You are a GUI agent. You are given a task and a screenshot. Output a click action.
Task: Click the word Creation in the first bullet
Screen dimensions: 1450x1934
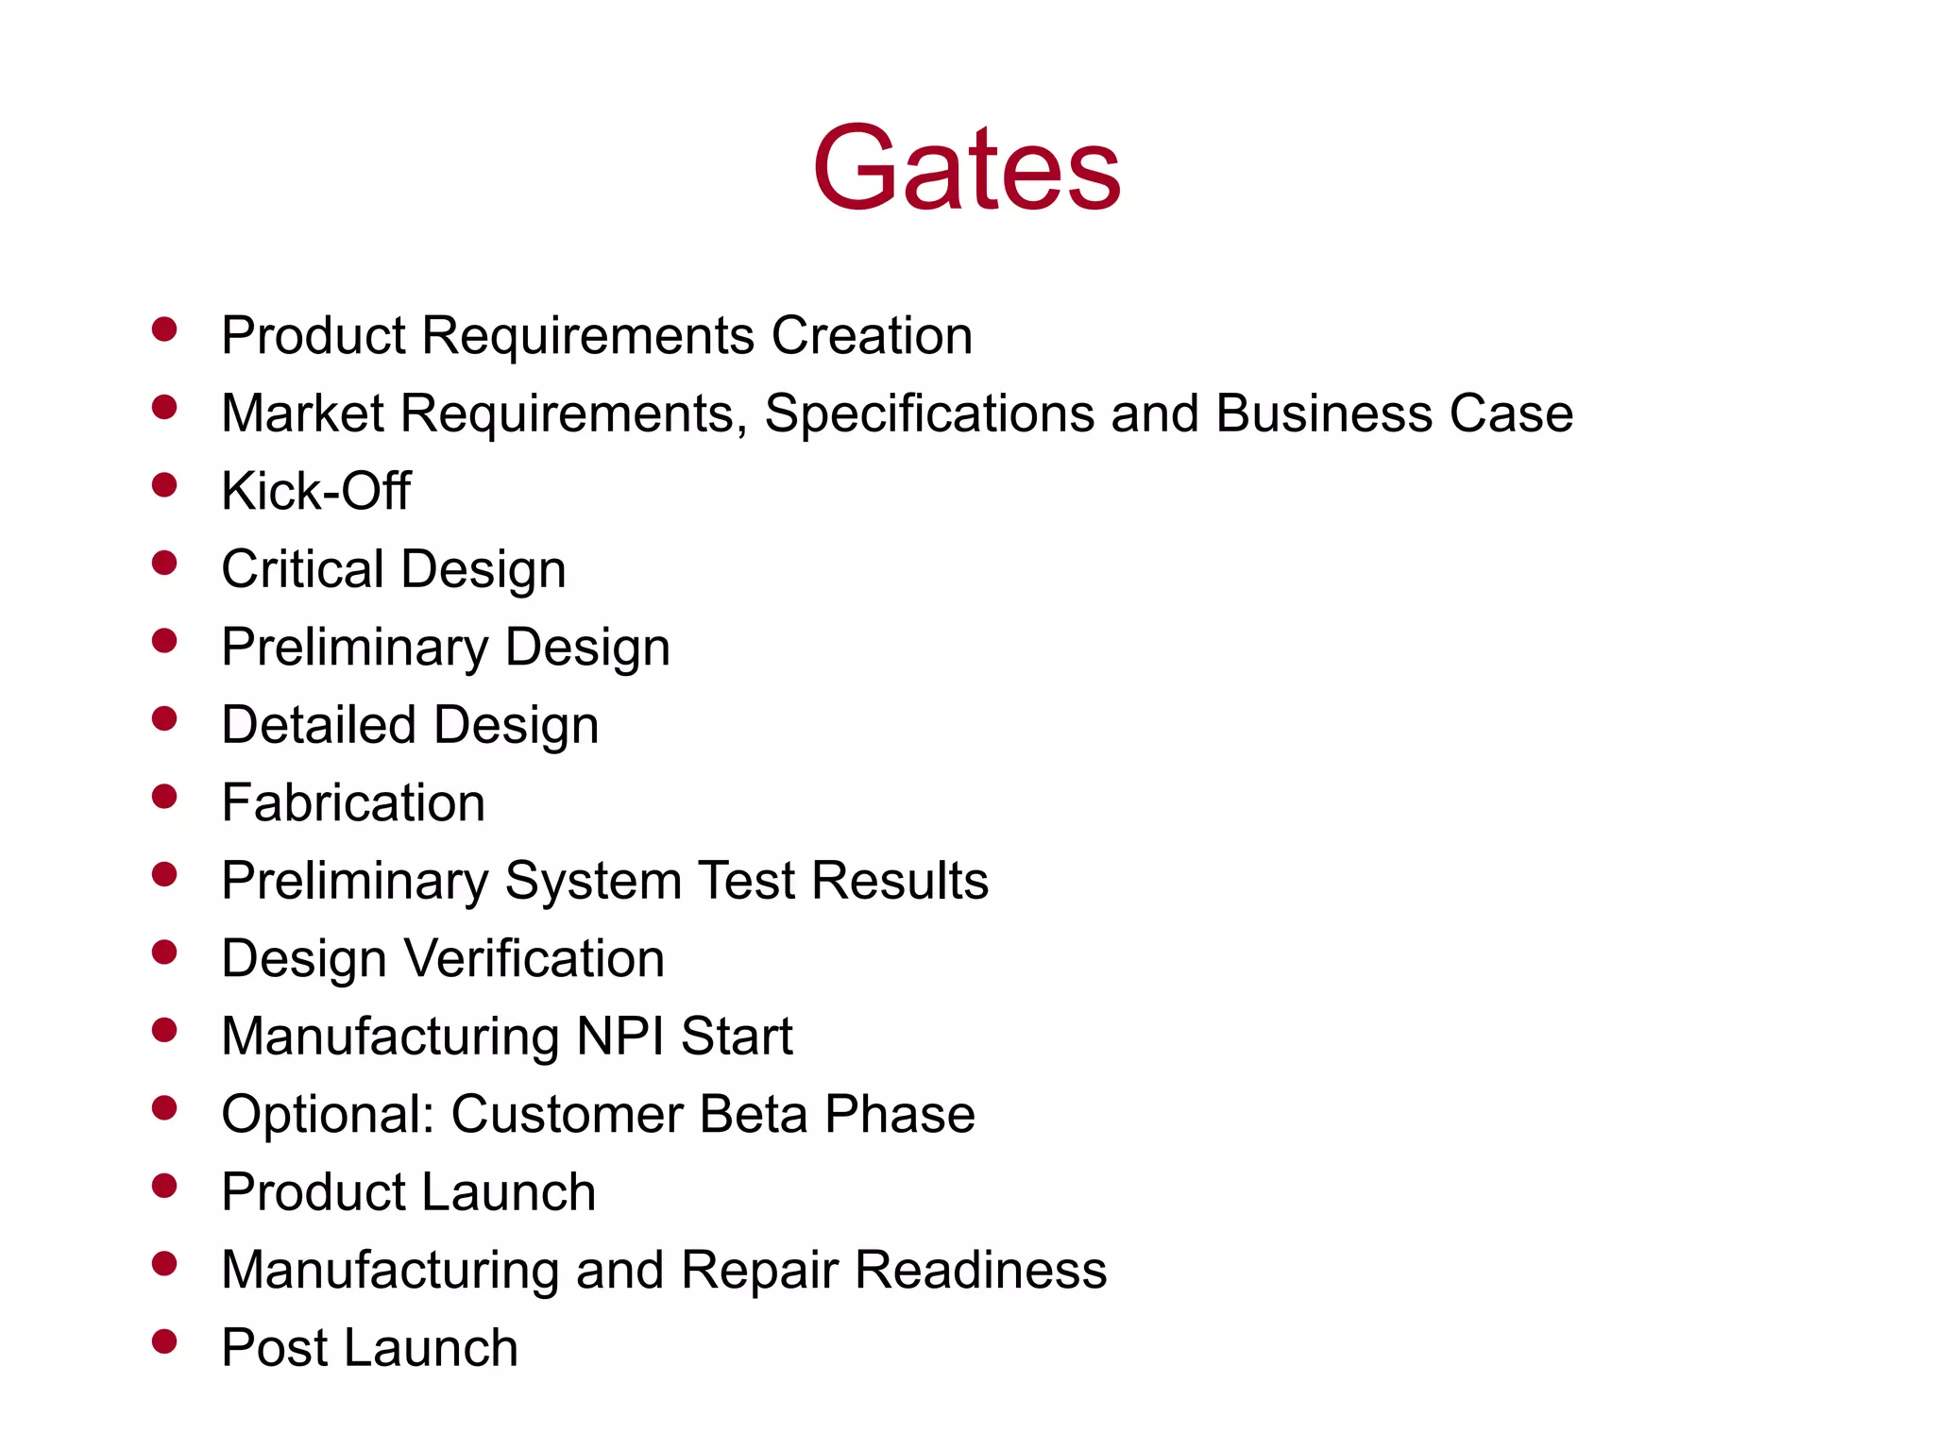pyautogui.click(x=872, y=335)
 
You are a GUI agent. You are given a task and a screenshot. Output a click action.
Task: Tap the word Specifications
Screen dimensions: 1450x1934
pyautogui.click(x=929, y=413)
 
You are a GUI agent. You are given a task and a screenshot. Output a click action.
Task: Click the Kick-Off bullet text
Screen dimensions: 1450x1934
pyautogui.click(x=315, y=491)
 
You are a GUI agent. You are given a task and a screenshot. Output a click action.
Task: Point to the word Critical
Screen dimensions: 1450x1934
pyautogui.click(x=303, y=569)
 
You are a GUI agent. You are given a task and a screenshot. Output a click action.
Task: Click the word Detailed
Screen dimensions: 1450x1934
pyautogui.click(x=318, y=725)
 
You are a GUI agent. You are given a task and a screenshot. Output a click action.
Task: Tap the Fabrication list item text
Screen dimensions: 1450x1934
pyautogui.click(x=353, y=803)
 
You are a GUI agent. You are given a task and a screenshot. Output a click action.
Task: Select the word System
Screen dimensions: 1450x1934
pyautogui.click(x=593, y=881)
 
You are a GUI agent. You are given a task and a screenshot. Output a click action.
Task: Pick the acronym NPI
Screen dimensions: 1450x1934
pyautogui.click(x=619, y=1037)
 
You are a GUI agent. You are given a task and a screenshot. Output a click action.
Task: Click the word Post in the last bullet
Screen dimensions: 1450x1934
pyautogui.click(x=274, y=1348)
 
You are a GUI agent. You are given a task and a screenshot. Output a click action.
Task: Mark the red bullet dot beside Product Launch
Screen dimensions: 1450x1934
pyautogui.click(x=164, y=1186)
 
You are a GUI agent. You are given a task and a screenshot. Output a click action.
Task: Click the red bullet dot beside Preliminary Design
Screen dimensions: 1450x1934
pyautogui.click(x=164, y=641)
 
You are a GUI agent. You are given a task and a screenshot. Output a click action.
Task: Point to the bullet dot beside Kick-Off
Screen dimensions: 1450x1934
pyautogui.click(x=164, y=485)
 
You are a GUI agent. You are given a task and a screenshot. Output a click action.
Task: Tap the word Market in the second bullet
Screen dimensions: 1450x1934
pyautogui.click(x=302, y=413)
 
